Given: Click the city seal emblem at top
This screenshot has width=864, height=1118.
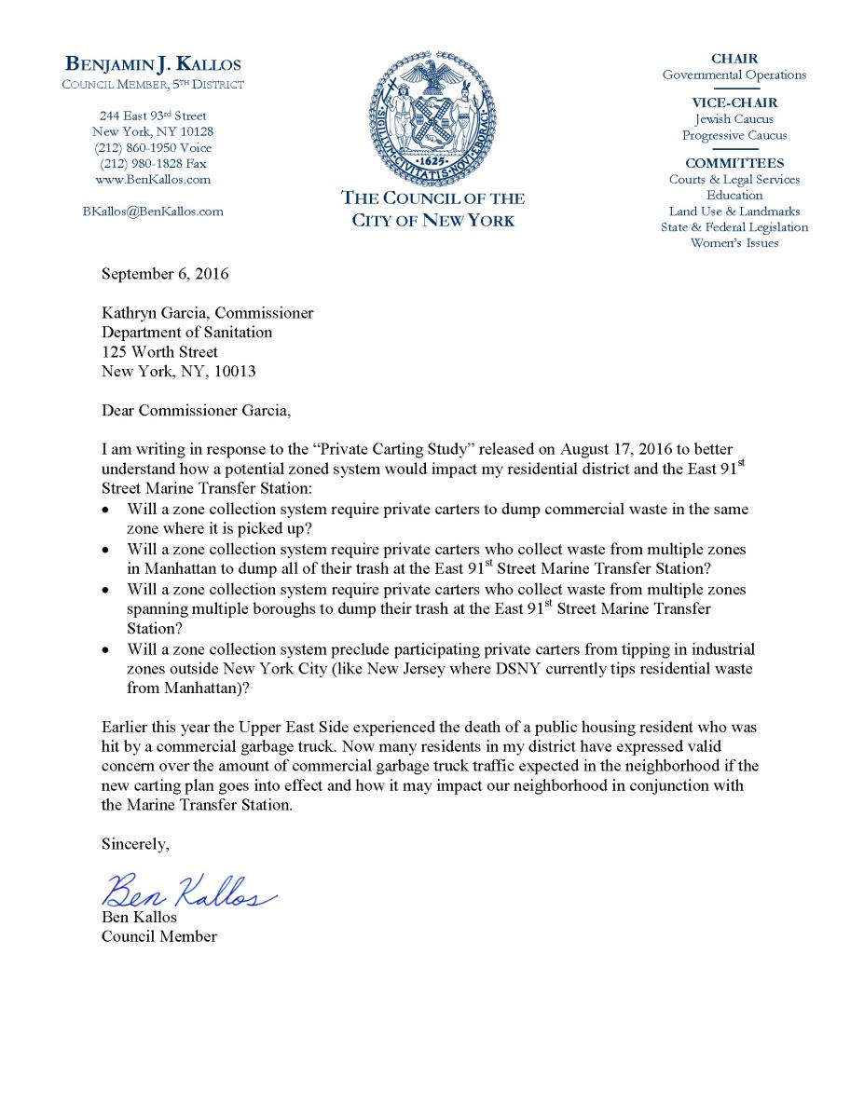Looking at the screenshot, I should (432, 116).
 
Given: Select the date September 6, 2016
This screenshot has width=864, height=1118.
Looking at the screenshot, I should (164, 274).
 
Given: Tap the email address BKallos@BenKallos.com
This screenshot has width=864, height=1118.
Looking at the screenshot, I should (153, 211).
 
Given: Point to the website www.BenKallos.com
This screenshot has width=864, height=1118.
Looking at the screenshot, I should (153, 179).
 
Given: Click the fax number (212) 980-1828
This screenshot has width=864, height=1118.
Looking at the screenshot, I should (153, 163).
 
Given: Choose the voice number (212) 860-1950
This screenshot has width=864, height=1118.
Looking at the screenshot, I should (153, 147).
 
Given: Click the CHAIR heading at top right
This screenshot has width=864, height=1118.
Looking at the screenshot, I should (734, 58).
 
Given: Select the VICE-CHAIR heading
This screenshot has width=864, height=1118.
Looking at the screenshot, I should (734, 102).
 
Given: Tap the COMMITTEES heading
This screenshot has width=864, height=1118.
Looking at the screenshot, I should (734, 163).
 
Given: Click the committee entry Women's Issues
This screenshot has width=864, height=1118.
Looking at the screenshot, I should (734, 243).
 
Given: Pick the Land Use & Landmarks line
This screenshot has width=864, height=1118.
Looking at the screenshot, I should (734, 211).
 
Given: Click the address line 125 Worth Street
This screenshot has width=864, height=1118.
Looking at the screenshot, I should (159, 351).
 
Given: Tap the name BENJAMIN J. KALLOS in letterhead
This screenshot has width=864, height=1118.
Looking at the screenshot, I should (153, 64).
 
